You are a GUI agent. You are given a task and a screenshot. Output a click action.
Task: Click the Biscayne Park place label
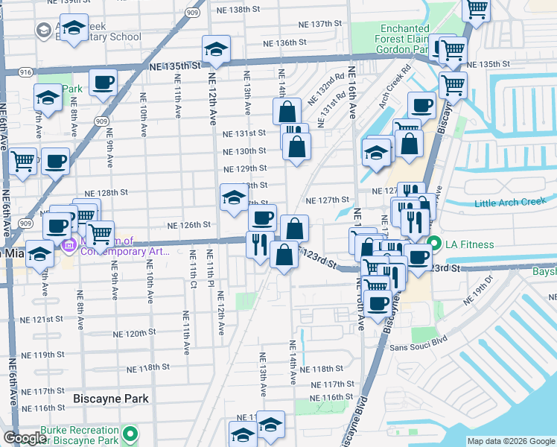(111, 399)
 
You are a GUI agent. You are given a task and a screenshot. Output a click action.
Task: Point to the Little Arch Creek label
(510, 202)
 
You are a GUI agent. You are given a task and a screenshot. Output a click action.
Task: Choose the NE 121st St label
(42, 319)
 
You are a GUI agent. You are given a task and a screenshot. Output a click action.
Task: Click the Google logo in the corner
(25, 439)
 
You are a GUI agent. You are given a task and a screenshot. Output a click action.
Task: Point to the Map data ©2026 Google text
(511, 441)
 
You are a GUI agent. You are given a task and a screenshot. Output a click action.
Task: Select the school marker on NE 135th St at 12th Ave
(216, 49)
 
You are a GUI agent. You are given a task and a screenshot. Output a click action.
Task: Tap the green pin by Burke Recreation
(131, 433)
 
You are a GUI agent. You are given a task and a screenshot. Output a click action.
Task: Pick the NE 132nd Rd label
(333, 83)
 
